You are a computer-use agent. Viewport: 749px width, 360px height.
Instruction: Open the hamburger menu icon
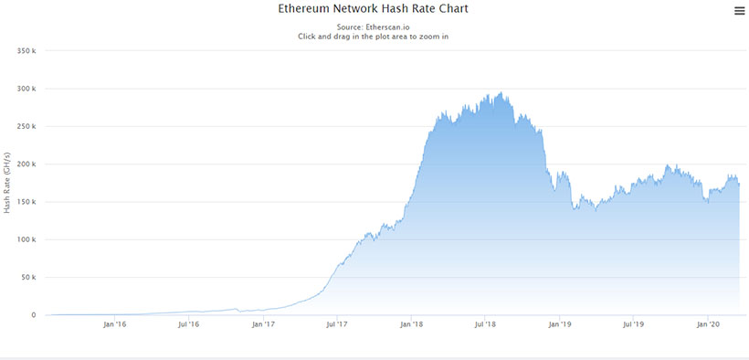pos(739,11)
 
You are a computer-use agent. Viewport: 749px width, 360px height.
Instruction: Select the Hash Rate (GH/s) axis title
pos(7,183)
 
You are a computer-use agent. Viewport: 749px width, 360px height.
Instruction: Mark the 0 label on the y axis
pos(34,315)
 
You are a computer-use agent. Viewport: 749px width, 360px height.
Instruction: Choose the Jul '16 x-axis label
pos(188,324)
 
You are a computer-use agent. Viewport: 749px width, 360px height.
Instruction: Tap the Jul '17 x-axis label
pos(336,324)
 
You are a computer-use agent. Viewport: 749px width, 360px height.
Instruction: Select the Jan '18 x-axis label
pos(412,324)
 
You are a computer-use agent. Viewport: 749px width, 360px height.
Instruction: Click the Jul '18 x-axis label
pos(486,324)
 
